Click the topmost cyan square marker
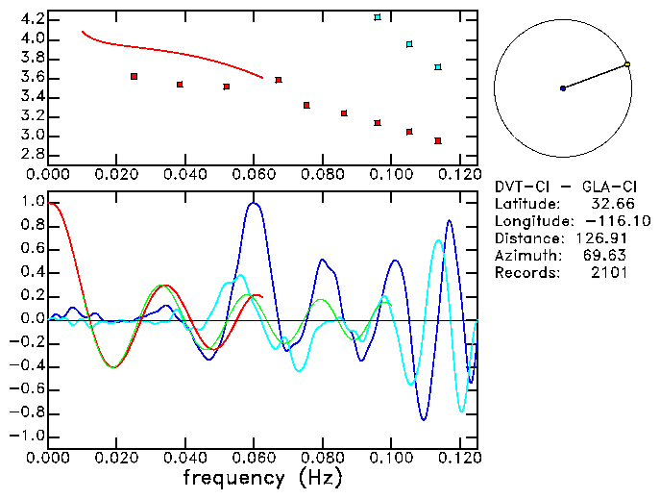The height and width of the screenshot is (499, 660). (x=378, y=17)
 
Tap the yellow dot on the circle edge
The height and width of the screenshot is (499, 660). (x=627, y=64)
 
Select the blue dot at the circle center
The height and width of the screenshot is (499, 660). (x=563, y=88)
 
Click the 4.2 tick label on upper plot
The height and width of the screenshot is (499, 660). (x=29, y=19)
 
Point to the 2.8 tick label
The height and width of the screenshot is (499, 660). (x=29, y=154)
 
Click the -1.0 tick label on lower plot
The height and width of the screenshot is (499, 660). (x=26, y=436)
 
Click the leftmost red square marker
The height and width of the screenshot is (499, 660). (x=134, y=76)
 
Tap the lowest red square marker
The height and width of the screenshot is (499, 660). (x=438, y=140)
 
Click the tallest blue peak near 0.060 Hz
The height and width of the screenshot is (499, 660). (x=254, y=203)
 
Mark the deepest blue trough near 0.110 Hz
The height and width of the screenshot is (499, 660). (x=424, y=419)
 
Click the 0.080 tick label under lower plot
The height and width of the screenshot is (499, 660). (x=322, y=457)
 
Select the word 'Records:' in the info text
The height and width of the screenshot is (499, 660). (x=525, y=273)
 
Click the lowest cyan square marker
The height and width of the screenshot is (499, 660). (x=438, y=67)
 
